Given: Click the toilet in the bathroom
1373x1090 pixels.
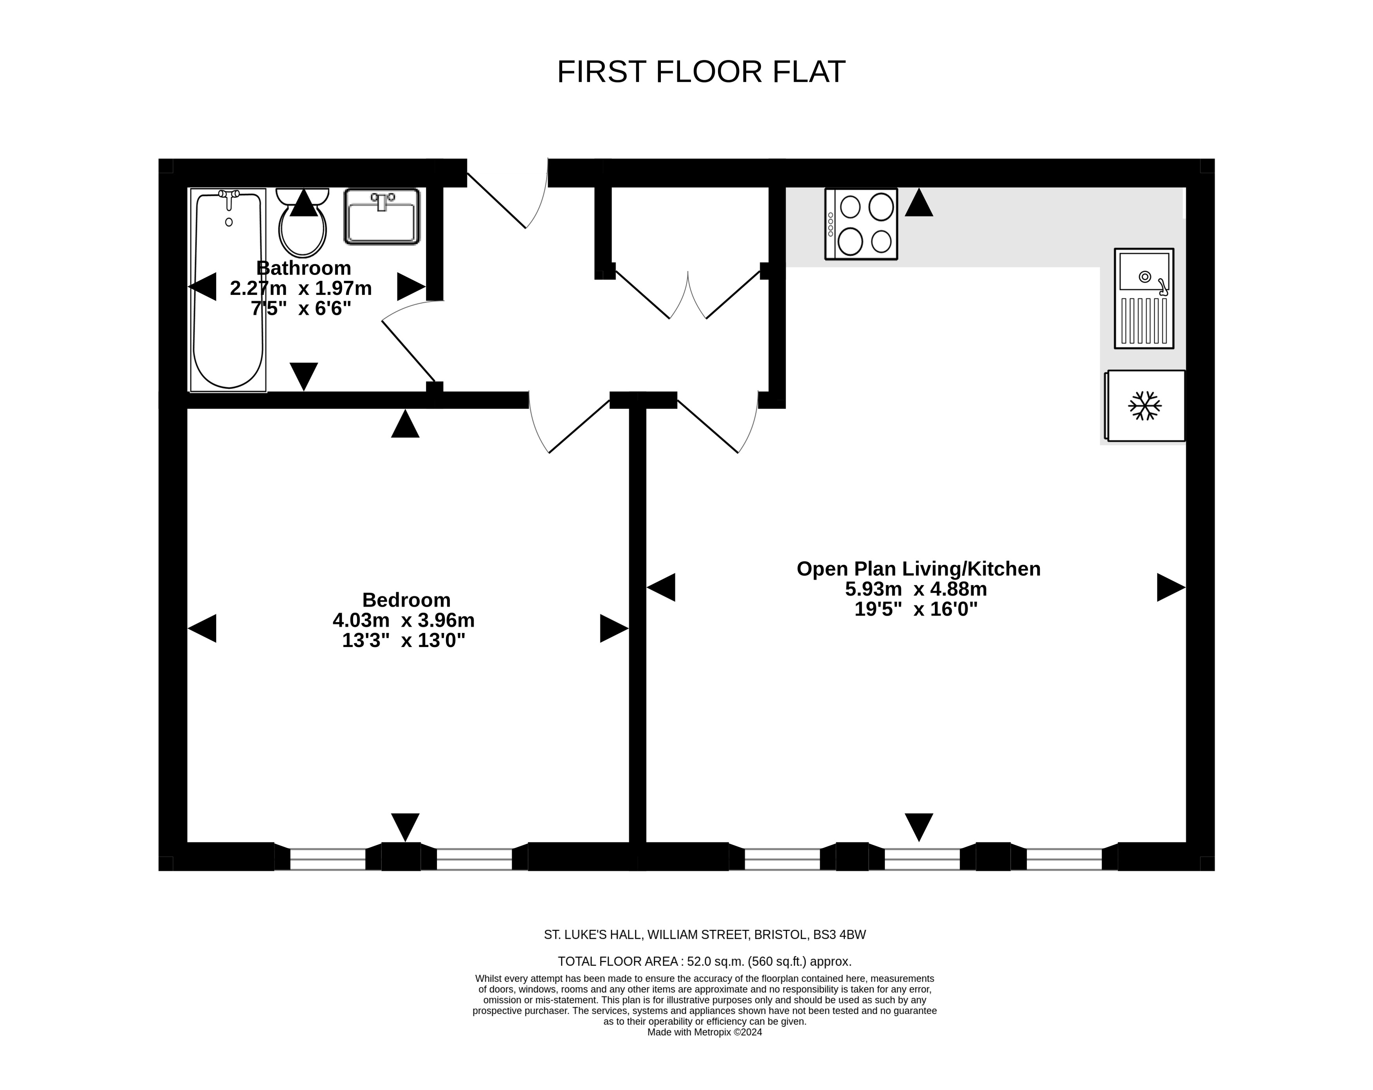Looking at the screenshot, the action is [303, 222].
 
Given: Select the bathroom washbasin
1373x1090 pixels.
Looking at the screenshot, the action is [382, 217].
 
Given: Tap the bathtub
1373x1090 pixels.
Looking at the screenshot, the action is [228, 290].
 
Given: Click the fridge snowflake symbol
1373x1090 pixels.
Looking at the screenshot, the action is [1145, 406].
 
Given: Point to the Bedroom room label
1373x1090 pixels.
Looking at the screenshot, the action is [406, 600].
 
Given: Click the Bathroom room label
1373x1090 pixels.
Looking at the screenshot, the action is [304, 268].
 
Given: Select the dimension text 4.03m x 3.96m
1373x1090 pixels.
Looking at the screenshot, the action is [404, 620].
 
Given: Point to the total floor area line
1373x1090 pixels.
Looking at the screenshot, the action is [704, 961].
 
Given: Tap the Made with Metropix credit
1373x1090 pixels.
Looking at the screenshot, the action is [704, 1032].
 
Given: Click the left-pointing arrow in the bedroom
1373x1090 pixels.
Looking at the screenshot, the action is [202, 629].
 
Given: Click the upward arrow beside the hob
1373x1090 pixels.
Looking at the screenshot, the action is [919, 202].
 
